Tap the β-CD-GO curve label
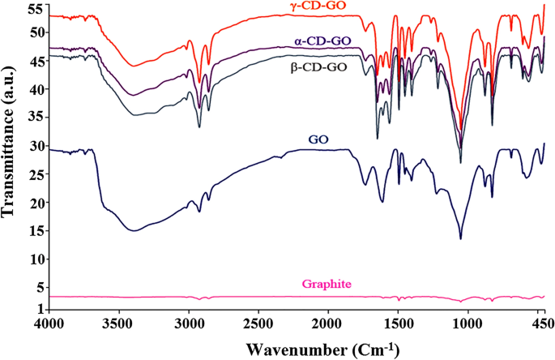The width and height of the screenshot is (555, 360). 318,67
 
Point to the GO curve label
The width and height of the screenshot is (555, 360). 318,139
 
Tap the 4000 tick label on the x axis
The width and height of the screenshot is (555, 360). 49,324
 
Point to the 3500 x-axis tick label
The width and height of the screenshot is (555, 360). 119,324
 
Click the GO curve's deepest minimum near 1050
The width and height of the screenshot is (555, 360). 460,238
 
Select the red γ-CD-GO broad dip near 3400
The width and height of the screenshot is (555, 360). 134,66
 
